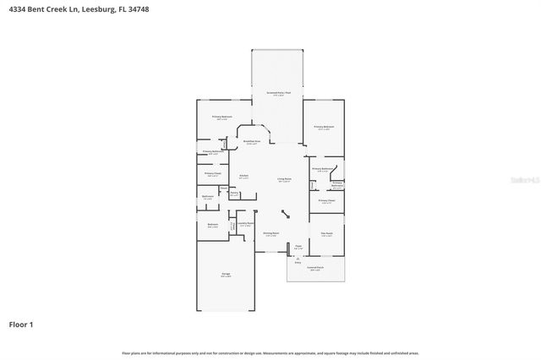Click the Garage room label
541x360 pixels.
226,275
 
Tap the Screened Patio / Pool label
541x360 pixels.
277,93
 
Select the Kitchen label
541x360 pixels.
243,177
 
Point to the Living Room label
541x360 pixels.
284,179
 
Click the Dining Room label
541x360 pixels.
270,233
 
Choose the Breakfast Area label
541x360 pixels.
251,142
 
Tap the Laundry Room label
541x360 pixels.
245,224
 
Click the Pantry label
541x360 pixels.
233,192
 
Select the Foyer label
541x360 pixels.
298,247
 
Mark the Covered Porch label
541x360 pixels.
315,269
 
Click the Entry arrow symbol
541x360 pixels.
297,258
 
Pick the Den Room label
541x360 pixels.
326,234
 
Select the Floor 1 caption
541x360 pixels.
21,324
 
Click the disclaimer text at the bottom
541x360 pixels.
270,352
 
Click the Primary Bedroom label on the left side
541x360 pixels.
222,117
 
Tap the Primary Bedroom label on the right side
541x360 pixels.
325,128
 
